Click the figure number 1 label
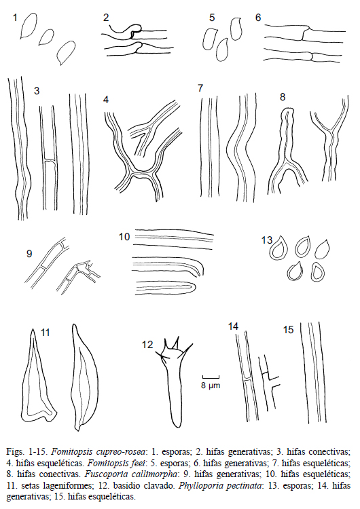15,17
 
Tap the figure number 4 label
106,100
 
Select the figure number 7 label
200,88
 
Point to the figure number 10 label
124,237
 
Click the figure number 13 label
267,240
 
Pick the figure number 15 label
288,330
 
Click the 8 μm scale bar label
211,385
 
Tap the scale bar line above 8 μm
211,377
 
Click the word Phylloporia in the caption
196,485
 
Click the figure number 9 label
29,253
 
